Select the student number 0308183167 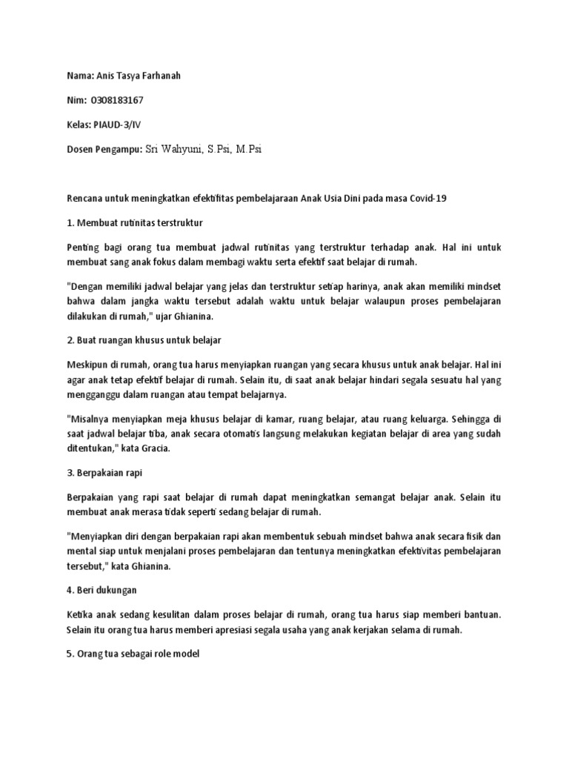(x=116, y=100)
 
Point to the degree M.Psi (x=248, y=149)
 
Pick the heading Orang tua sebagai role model (x=136, y=654)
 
